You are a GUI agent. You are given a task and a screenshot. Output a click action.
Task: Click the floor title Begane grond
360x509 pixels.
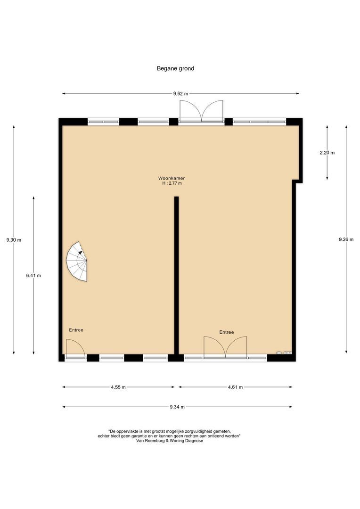click(175, 68)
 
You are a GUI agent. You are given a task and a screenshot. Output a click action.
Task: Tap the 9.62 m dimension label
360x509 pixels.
click(180, 94)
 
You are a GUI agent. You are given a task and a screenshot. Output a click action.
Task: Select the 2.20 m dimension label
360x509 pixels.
click(327, 153)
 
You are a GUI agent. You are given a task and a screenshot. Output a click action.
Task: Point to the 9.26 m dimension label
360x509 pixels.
click(346, 239)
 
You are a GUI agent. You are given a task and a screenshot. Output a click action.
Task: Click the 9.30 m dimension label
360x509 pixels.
click(14, 240)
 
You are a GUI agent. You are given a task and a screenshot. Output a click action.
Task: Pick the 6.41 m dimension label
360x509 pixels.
click(33, 276)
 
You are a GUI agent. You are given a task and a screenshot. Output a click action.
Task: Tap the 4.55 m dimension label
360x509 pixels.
click(118, 387)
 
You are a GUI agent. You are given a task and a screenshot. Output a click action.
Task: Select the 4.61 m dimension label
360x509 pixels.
click(235, 387)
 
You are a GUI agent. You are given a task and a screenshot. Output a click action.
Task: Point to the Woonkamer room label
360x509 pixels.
click(172, 178)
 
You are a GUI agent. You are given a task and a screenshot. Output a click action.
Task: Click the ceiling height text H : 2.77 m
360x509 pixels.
click(172, 183)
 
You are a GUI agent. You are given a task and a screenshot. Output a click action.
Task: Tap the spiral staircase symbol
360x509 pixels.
click(77, 262)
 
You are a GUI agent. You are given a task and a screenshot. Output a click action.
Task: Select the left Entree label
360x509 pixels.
click(76, 330)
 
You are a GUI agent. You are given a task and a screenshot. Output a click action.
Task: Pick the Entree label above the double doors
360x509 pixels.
click(226, 332)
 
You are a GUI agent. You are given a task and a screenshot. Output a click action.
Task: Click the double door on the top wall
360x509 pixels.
click(201, 112)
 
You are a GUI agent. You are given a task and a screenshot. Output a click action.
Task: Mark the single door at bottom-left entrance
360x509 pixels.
click(74, 349)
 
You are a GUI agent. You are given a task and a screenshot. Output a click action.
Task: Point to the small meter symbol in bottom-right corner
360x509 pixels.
click(285, 352)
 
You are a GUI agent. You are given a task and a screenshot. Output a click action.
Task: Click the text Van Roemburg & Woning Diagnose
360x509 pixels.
click(170, 441)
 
